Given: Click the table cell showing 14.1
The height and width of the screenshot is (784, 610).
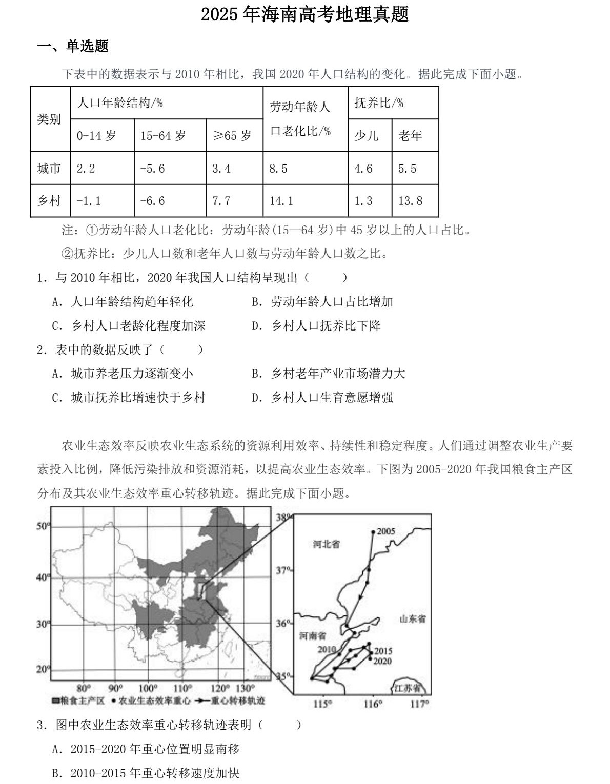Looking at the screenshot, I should [x=281, y=201].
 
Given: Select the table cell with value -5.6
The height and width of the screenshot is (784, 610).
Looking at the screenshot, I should [x=152, y=169].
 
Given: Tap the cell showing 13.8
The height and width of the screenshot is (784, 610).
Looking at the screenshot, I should [x=410, y=201].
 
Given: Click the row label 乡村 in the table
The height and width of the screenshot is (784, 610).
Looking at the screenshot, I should [x=49, y=201].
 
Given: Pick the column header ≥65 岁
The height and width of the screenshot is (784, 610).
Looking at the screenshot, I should [x=232, y=136].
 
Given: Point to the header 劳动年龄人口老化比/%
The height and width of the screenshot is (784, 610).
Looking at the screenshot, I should [x=301, y=119].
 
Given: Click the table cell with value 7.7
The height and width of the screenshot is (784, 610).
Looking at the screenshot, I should [x=221, y=201].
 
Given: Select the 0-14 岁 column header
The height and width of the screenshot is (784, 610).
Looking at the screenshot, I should [x=96, y=136].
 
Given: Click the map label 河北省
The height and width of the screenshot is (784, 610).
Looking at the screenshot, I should [x=326, y=544].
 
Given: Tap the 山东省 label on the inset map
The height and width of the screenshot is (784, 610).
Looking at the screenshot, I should [x=413, y=619].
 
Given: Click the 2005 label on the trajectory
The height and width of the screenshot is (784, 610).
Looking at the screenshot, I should [x=386, y=531].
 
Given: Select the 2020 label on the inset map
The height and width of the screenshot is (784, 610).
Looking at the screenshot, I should [x=382, y=661].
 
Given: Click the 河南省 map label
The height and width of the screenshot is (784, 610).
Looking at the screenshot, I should [x=313, y=636].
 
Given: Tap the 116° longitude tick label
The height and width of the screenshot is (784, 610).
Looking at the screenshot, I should [x=373, y=704].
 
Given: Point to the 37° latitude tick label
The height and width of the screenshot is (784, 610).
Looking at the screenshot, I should [x=283, y=570].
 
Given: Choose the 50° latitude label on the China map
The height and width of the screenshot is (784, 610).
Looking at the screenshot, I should [x=43, y=526].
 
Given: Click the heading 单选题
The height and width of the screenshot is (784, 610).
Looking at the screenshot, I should [x=87, y=47].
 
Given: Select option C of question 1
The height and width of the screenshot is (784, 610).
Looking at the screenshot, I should [x=129, y=326].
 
